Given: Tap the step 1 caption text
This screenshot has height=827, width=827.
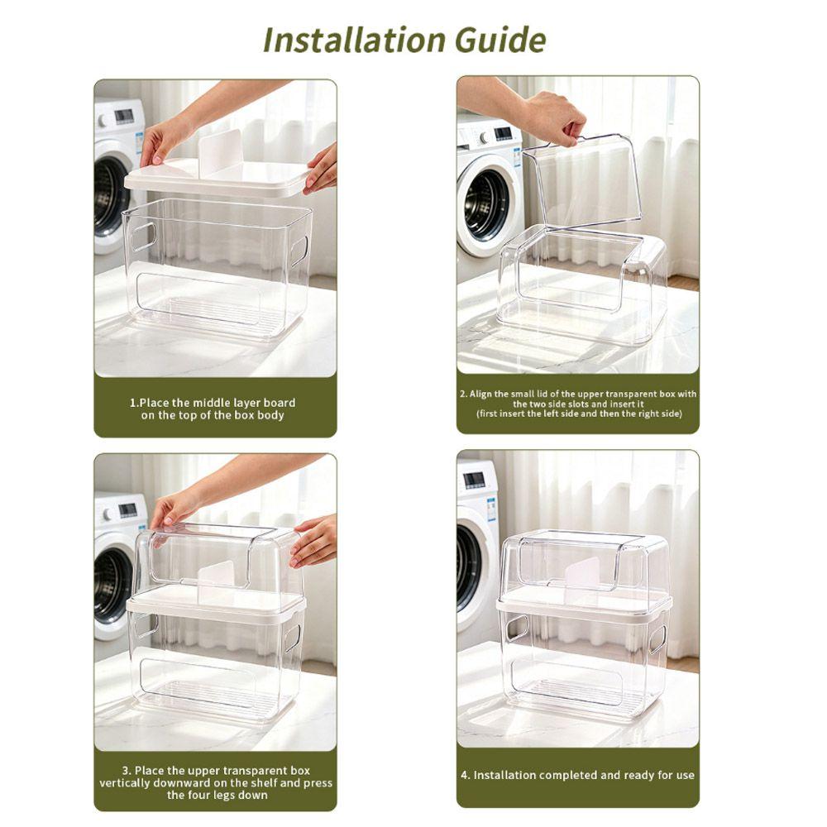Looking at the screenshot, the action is [213, 409].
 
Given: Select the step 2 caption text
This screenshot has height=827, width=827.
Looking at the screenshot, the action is [579, 404].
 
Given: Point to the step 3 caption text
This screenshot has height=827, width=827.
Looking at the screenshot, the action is [216, 782].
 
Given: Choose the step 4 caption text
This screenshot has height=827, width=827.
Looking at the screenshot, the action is [577, 775].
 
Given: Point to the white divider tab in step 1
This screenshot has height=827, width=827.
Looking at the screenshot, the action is [221, 152].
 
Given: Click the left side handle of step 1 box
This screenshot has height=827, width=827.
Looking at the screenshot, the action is [143, 236].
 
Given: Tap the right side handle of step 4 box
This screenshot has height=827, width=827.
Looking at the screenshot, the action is [657, 639].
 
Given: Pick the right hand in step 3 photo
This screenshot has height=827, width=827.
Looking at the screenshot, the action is [314, 540].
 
